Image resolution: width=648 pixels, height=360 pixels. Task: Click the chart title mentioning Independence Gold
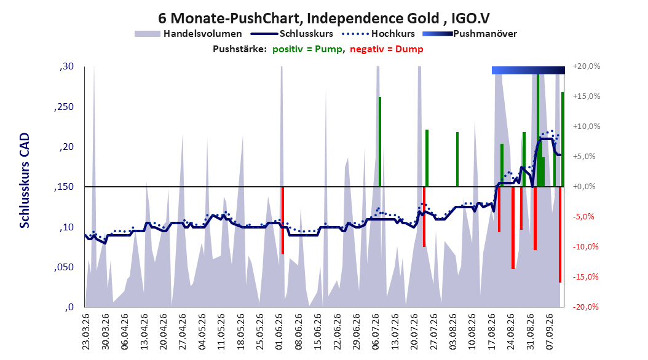tap(324, 18)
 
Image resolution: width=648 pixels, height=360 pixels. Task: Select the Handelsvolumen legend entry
tap(188, 34)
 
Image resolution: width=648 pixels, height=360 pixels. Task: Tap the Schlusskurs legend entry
tap(292, 34)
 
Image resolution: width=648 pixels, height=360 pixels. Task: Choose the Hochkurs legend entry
tap(378, 34)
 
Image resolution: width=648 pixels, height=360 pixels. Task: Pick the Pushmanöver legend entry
tap(470, 34)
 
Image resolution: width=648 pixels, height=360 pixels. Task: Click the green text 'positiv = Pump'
tap(307, 49)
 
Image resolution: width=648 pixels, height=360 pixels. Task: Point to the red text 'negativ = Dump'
tap(387, 49)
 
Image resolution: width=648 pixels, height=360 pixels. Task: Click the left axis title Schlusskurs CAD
tap(25, 180)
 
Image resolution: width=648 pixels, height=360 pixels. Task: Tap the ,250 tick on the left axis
tap(64, 107)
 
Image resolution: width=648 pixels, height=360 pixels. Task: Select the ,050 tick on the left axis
tap(64, 267)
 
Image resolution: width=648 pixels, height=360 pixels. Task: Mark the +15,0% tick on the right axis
tap(587, 96)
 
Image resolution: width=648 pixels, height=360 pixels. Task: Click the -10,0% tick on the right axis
tap(585, 247)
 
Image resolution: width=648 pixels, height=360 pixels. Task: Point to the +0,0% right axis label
tap(584, 187)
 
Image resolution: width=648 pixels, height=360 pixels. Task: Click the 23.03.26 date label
tap(86, 332)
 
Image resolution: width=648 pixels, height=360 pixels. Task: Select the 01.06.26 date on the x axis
tap(279, 332)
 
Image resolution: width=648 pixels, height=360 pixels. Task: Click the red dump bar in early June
tap(283, 221)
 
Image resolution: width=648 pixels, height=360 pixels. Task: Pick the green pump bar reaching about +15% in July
tap(380, 142)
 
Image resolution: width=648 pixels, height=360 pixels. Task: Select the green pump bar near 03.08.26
tap(457, 159)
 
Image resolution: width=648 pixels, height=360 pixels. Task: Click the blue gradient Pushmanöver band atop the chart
tap(528, 70)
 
